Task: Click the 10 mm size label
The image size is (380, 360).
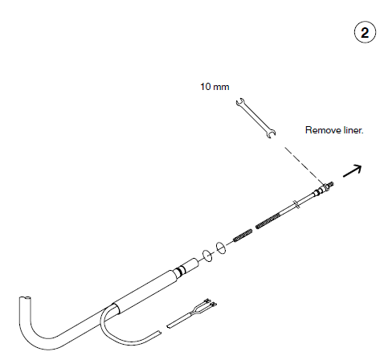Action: [x=215, y=85]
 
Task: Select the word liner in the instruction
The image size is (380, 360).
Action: [x=353, y=129]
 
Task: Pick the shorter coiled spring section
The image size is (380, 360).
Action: [x=243, y=236]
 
